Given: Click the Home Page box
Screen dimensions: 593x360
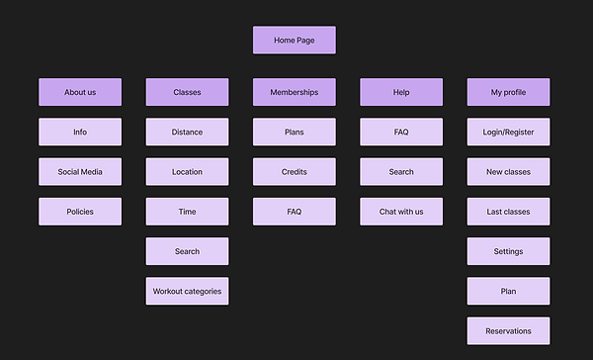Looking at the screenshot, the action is (295, 41).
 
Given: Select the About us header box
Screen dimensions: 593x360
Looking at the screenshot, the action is (80, 92).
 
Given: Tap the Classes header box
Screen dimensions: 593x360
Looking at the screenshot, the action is (187, 92).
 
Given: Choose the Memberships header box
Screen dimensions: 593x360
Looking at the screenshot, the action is (295, 92).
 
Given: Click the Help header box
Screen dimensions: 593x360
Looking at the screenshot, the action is (401, 92).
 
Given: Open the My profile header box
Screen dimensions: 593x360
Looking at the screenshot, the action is (509, 92).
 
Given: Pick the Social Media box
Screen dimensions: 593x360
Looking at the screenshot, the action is (80, 172).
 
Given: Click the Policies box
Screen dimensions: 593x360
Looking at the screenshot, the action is (80, 212).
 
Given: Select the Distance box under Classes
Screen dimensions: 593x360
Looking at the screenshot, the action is (187, 132).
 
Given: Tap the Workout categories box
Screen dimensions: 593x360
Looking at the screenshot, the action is (187, 291).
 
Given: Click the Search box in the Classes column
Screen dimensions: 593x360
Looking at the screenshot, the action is (187, 251).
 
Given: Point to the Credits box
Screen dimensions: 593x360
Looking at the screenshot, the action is (295, 172).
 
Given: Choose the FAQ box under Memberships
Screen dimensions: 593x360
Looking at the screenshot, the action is (295, 212).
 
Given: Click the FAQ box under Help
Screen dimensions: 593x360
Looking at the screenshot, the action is (401, 132).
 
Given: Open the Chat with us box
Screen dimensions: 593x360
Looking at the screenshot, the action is (401, 212).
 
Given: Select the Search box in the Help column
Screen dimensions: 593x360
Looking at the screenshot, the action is (401, 172).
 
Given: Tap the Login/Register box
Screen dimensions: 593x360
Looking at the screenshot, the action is (509, 132).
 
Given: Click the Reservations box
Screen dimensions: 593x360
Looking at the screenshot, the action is (509, 331).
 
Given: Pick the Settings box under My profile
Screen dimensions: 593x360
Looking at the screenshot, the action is (509, 251).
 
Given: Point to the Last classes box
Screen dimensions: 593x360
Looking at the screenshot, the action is (509, 212).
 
